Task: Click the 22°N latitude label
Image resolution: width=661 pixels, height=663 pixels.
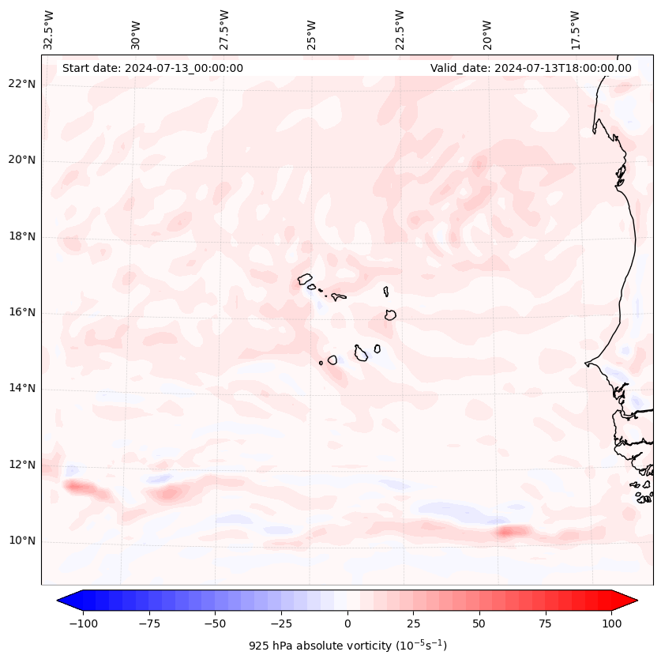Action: pyautogui.click(x=22, y=85)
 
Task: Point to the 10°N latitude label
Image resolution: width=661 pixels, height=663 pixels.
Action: pyautogui.click(x=22, y=541)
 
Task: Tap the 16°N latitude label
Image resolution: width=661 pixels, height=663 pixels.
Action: pyautogui.click(x=22, y=313)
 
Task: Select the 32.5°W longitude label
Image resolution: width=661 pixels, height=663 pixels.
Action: pyautogui.click(x=49, y=29)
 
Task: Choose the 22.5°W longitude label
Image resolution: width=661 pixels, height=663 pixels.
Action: pyautogui.click(x=400, y=29)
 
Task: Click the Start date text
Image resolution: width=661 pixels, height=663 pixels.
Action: pyautogui.click(x=152, y=68)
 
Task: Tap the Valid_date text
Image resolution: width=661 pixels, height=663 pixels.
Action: pyautogui.click(x=531, y=68)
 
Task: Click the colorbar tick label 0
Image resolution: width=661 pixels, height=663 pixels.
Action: pyautogui.click(x=347, y=623)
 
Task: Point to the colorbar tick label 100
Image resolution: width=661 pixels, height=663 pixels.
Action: pyautogui.click(x=612, y=623)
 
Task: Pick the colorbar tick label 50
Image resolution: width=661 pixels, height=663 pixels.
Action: pyautogui.click(x=479, y=623)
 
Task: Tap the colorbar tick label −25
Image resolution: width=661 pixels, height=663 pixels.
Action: pyautogui.click(x=280, y=623)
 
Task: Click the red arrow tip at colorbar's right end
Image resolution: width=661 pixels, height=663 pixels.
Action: pyautogui.click(x=630, y=601)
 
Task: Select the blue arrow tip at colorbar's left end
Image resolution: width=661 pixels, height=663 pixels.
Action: pyautogui.click(x=63, y=601)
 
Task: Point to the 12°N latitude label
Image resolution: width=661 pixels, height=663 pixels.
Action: pyautogui.click(x=22, y=465)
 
